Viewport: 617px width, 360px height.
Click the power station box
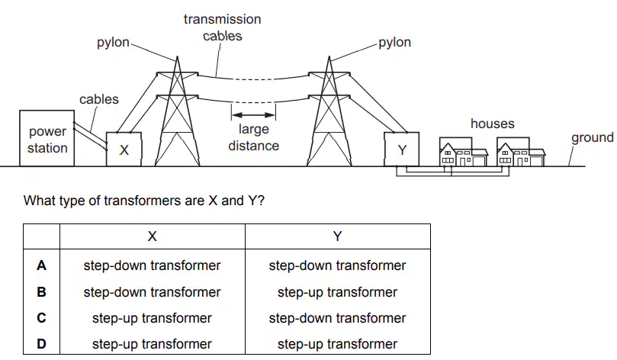[x=47, y=138]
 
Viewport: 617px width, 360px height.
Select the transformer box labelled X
[x=124, y=149]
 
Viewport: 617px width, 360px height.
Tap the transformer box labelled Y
[x=402, y=149]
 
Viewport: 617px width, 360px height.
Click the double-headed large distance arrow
[x=253, y=115]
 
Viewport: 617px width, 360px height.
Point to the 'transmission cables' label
[x=223, y=27]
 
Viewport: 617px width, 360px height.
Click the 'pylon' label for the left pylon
[x=113, y=43]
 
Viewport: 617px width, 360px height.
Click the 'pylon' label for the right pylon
[x=394, y=43]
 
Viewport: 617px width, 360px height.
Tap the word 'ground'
[x=592, y=138]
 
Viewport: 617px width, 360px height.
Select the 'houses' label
[x=492, y=124]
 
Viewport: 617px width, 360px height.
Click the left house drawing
[x=463, y=152]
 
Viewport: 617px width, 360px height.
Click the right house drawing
[x=521, y=152]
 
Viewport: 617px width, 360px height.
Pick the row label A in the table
[x=41, y=265]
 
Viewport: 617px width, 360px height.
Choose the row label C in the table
[x=41, y=318]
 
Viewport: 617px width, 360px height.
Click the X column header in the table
[x=153, y=236]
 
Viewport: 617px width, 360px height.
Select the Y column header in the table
[x=337, y=236]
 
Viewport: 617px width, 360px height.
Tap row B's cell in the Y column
[x=337, y=292]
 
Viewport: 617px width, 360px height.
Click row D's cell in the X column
[x=153, y=344]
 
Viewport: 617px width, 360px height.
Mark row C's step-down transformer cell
[x=337, y=318]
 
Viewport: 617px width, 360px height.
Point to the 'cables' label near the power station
[x=99, y=99]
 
